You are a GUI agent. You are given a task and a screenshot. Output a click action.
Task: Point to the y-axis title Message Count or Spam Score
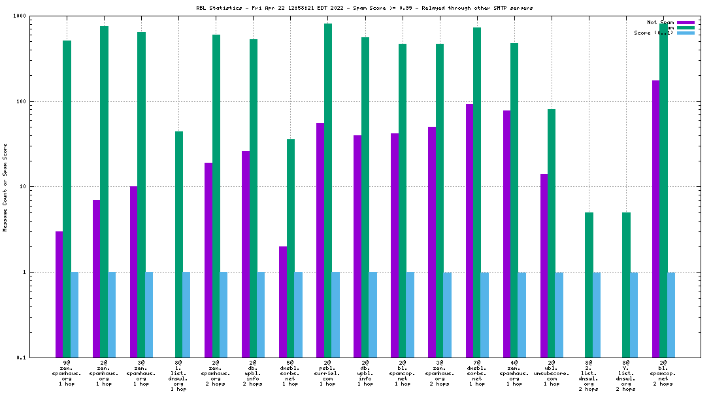pos(5,188)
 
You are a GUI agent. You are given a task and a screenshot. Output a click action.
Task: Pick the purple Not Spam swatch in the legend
pos(686,22)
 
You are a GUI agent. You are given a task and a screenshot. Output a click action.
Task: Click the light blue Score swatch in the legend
pos(686,33)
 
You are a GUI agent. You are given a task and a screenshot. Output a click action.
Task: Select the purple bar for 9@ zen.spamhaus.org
pos(59,294)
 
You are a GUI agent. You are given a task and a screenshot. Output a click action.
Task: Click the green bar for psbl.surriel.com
pos(328,190)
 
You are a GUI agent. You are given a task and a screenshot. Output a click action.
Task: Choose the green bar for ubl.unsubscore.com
pos(552,233)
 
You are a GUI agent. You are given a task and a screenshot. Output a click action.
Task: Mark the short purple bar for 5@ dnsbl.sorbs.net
pos(283,301)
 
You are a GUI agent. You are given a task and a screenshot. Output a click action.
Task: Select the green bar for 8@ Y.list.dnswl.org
pos(626,284)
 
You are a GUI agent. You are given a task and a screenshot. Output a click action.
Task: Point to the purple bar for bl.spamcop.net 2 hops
pos(656,218)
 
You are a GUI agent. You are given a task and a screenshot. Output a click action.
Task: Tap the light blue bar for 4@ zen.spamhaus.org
pos(521,314)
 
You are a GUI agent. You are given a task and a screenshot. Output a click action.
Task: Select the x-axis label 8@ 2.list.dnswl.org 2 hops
pos(588,376)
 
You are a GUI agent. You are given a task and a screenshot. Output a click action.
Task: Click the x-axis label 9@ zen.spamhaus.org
pos(67,373)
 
